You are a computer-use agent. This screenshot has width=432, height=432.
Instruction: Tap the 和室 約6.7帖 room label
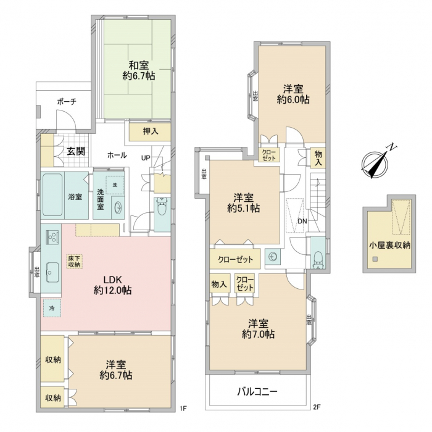pyautogui.click(x=139, y=70)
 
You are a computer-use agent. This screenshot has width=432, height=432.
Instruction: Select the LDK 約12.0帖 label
pyautogui.click(x=112, y=285)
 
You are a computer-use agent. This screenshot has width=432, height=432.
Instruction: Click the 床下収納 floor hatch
pyautogui.click(x=74, y=261)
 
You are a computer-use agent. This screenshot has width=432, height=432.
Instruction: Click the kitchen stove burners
pyautogui.click(x=52, y=236)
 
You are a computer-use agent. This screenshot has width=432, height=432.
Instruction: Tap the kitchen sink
pyautogui.click(x=52, y=272)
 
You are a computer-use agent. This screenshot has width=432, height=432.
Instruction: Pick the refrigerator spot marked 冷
pyautogui.click(x=52, y=308)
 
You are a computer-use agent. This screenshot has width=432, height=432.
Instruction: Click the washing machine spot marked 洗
pyautogui.click(x=115, y=185)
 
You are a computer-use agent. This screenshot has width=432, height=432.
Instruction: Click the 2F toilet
pyautogui.click(x=318, y=259)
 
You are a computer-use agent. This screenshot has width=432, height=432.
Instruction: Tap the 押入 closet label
pyautogui.click(x=151, y=131)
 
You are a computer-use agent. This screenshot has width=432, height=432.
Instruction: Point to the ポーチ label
pyautogui.click(x=67, y=102)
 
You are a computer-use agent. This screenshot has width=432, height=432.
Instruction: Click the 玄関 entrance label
pyautogui.click(x=76, y=151)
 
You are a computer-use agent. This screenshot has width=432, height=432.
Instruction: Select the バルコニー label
pyautogui.click(x=257, y=391)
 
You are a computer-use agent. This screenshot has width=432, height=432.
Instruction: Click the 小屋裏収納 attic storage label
pyautogui.click(x=389, y=245)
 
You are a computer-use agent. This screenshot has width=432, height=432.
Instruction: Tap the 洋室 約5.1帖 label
pyautogui.click(x=244, y=203)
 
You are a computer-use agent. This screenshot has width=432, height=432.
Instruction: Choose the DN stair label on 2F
pyautogui.click(x=302, y=221)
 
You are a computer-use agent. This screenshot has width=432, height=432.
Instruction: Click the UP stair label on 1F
pyautogui.click(x=146, y=158)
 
